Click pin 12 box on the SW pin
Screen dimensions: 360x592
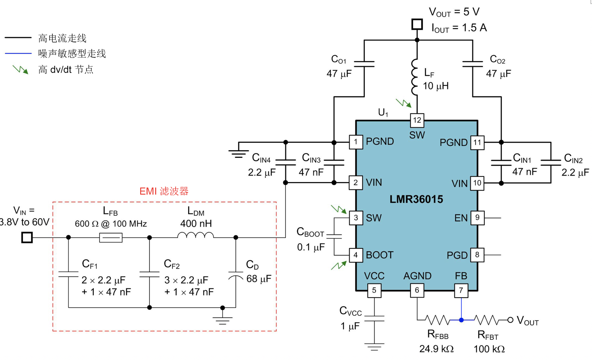point(417,120)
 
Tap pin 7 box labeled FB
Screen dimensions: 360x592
point(461,290)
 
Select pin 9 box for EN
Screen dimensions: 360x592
point(477,217)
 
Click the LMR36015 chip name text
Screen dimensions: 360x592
point(416,199)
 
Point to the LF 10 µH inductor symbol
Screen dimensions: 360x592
point(415,77)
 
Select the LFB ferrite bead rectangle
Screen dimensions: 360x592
point(111,238)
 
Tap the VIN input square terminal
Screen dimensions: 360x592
point(27,238)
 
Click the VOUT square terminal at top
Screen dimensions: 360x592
point(417,25)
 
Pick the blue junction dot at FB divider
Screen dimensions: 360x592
point(461,320)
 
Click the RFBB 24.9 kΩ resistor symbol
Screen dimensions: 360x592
point(437,320)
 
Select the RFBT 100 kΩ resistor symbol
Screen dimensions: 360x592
point(486,320)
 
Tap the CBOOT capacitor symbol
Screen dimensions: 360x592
point(334,236)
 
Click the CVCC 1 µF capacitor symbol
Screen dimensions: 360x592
point(374,319)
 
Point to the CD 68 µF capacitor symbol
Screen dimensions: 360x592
point(236,275)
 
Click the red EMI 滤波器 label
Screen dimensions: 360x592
point(164,191)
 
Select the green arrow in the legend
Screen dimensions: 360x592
point(20,70)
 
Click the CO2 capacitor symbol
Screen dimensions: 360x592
point(472,64)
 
